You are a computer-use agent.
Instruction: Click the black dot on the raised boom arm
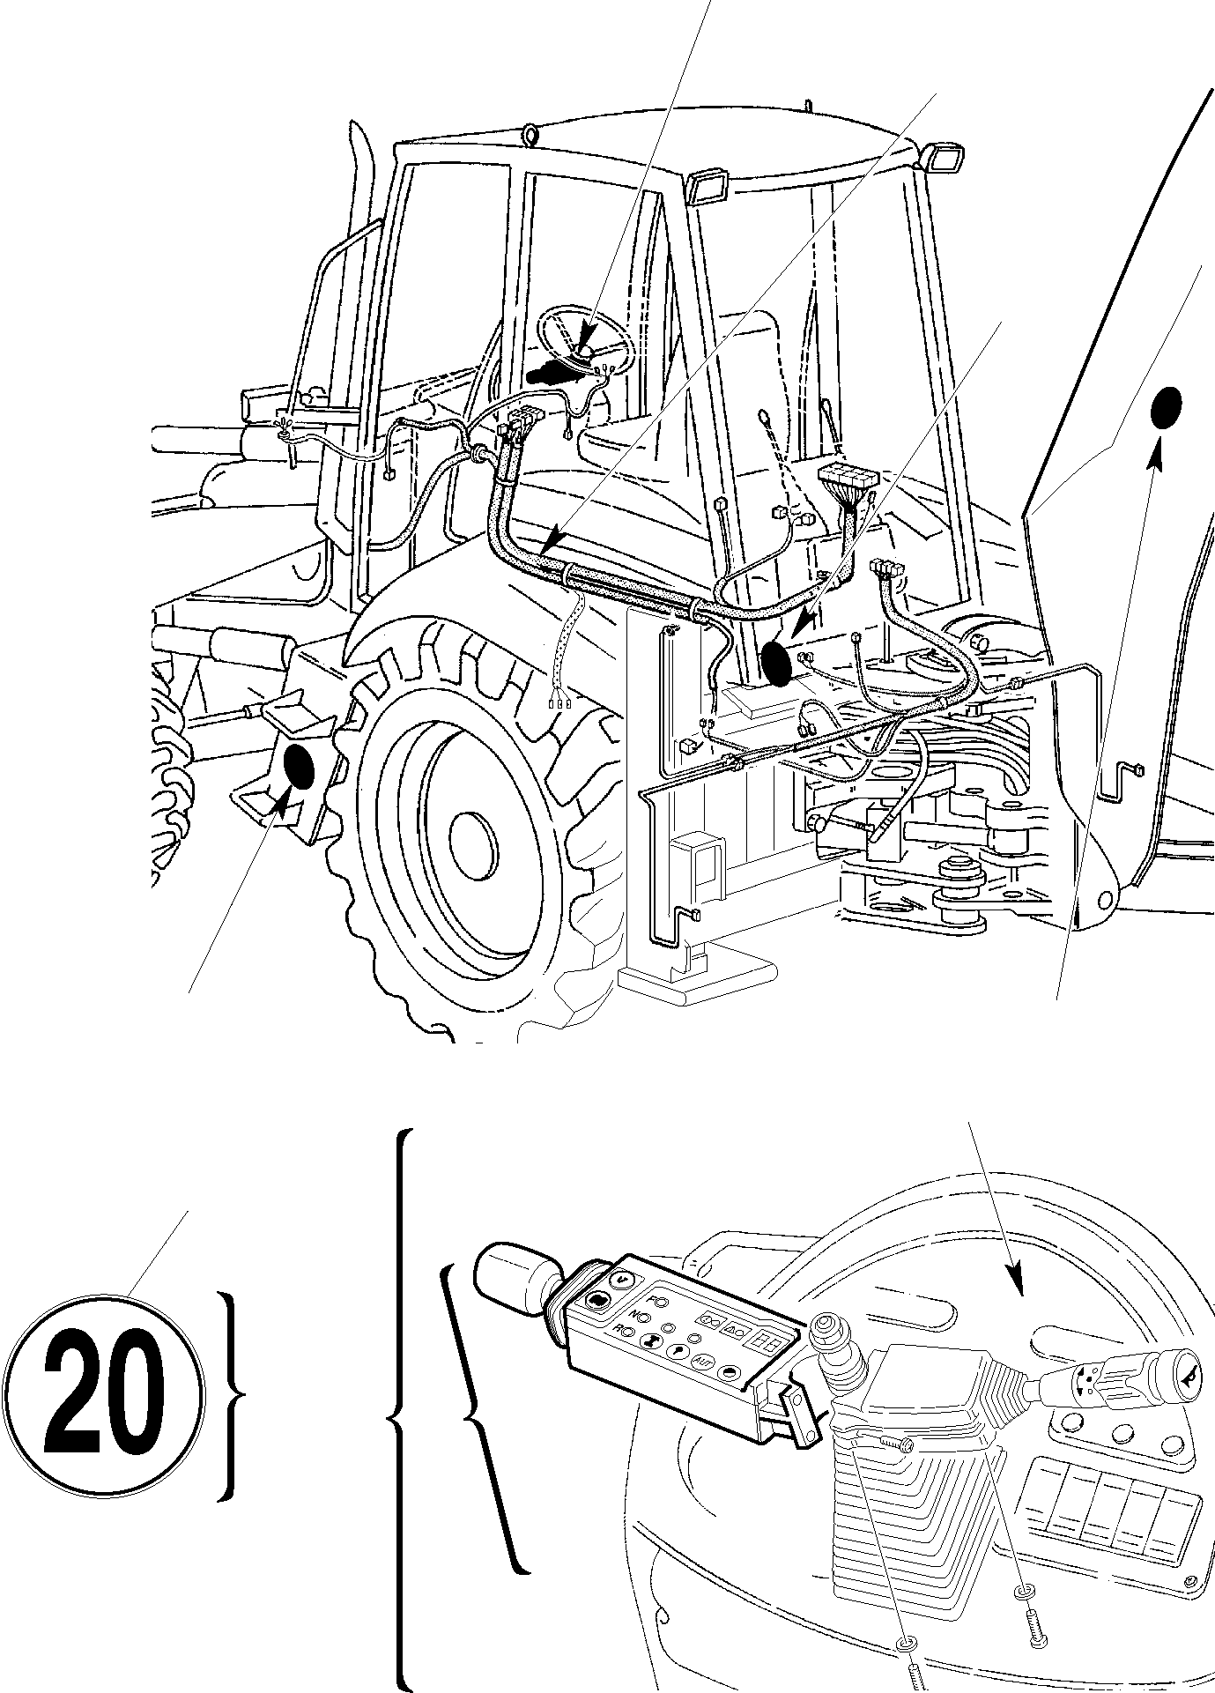(1167, 408)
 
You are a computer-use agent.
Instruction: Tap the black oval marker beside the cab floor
(777, 663)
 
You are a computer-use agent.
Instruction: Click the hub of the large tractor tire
(473, 839)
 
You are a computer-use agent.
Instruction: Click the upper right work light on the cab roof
(945, 159)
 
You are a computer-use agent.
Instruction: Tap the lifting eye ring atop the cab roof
(530, 134)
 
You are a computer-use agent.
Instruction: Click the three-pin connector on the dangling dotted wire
(558, 703)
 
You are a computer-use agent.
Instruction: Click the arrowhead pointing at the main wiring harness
(553, 537)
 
